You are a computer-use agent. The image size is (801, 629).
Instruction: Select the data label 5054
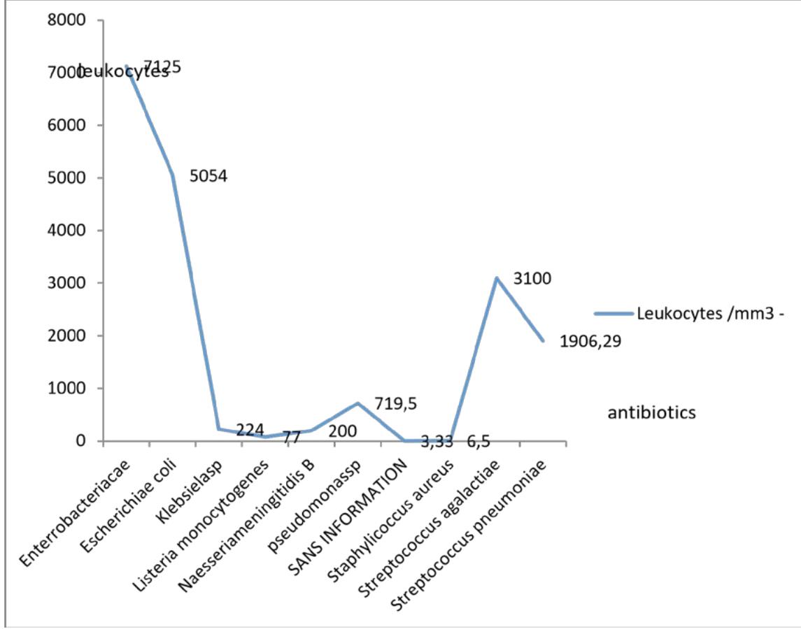coord(208,176)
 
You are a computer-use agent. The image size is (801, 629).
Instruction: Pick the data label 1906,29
coord(590,341)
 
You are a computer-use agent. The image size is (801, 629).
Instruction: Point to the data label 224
coord(250,429)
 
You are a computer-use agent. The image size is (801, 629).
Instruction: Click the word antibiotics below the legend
coord(652,413)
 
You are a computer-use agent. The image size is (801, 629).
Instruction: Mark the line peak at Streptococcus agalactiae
coord(496,278)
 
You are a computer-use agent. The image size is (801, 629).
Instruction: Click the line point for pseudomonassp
coord(357,403)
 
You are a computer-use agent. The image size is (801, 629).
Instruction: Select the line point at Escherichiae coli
coord(173,175)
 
